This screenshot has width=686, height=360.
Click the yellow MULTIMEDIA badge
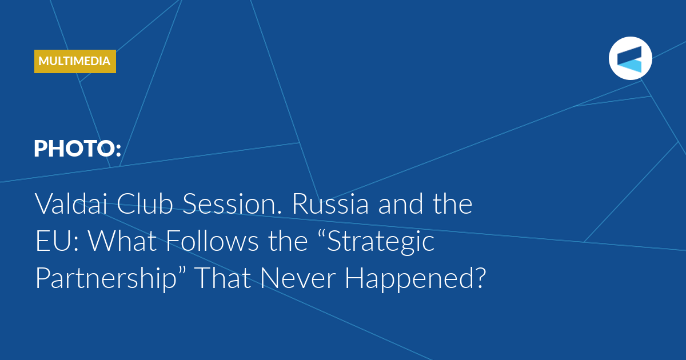tap(75, 61)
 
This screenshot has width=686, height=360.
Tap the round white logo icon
tap(630, 58)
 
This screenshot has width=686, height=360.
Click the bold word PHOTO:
tap(78, 149)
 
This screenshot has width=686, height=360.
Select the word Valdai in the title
tap(71, 203)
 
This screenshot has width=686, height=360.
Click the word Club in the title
tap(145, 203)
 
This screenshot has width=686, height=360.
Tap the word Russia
tap(331, 203)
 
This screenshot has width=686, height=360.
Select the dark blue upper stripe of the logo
tap(629, 55)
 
